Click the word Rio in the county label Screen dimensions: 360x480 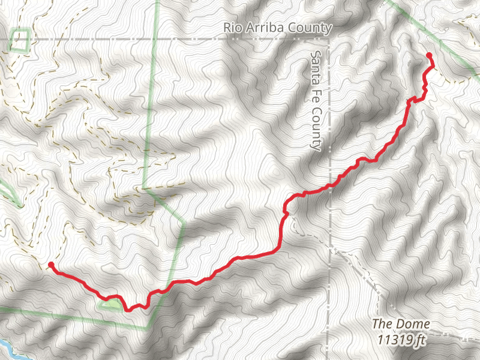(233, 28)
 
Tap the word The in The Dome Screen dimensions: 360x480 (382, 325)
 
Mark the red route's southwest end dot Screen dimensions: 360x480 (51, 265)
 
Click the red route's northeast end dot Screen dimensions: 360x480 (429, 56)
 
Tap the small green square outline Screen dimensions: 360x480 (20, 40)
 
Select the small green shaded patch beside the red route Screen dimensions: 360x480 (110, 304)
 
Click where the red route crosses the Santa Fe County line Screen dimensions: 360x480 (329, 186)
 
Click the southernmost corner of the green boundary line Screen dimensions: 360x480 (148, 329)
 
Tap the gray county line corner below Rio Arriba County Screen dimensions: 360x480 (329, 40)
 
